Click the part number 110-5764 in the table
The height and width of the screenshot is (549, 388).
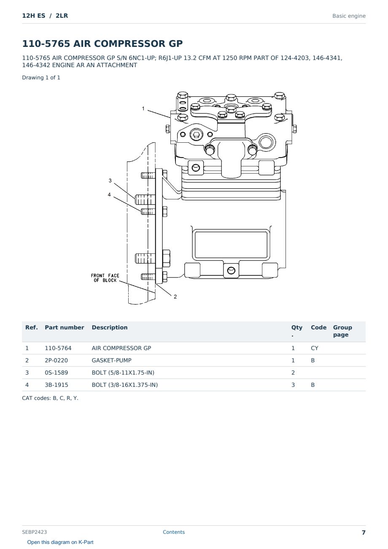(58, 348)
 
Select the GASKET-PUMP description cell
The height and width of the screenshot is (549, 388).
(111, 360)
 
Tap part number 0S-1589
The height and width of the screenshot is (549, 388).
(57, 372)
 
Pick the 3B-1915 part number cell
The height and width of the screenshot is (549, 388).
(57, 385)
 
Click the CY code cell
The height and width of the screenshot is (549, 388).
(314, 348)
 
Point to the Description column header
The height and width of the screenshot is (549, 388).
(109, 327)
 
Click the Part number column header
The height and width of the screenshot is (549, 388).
(65, 327)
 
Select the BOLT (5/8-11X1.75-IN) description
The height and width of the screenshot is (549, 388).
(123, 372)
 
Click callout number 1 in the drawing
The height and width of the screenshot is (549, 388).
(143, 109)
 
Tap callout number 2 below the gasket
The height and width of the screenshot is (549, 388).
(175, 296)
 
